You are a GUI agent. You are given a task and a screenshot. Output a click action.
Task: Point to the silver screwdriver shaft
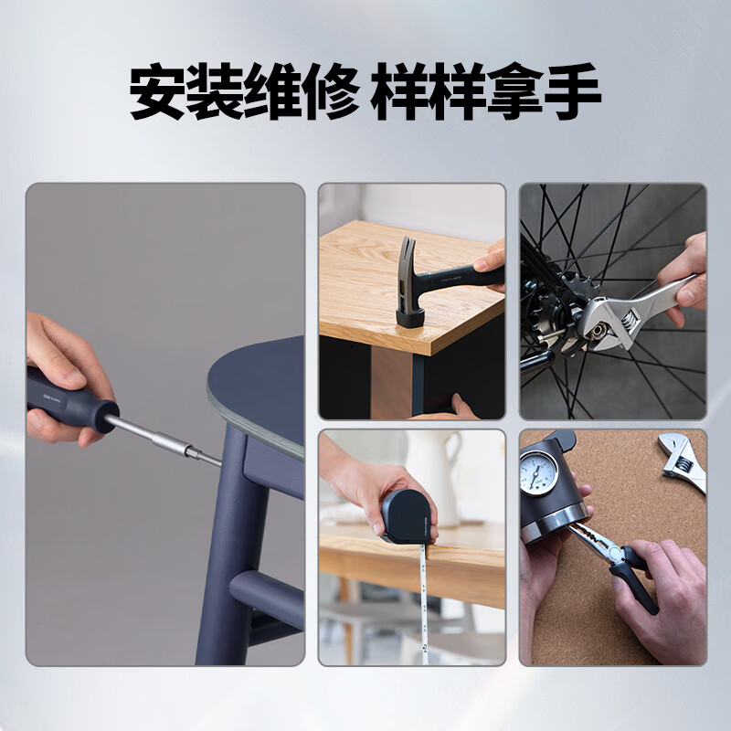164,438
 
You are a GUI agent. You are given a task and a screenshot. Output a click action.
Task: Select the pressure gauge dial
539,471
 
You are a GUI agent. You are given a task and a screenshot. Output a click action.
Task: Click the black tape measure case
410,517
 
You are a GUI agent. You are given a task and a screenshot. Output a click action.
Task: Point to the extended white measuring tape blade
424,603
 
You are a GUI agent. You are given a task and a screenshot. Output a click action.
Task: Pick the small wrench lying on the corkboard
681,461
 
